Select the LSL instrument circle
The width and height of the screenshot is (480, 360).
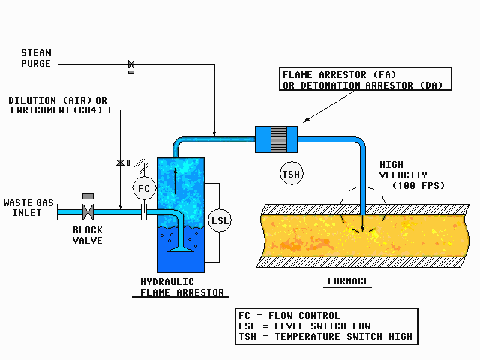pos(219,220)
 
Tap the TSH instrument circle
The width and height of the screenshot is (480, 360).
pos(290,174)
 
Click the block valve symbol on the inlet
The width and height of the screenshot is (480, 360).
pos(88,211)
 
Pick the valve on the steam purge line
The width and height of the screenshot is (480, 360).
pos(131,66)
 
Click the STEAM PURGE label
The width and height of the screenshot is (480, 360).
pos(36,58)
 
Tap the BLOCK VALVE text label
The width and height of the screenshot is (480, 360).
pos(87,235)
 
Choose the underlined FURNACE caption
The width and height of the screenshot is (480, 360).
pos(348,282)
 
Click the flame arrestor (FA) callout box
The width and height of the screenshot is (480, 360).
pos(366,79)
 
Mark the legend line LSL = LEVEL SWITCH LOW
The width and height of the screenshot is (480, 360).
pos(315,326)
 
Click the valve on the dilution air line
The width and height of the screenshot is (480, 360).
pos(120,163)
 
